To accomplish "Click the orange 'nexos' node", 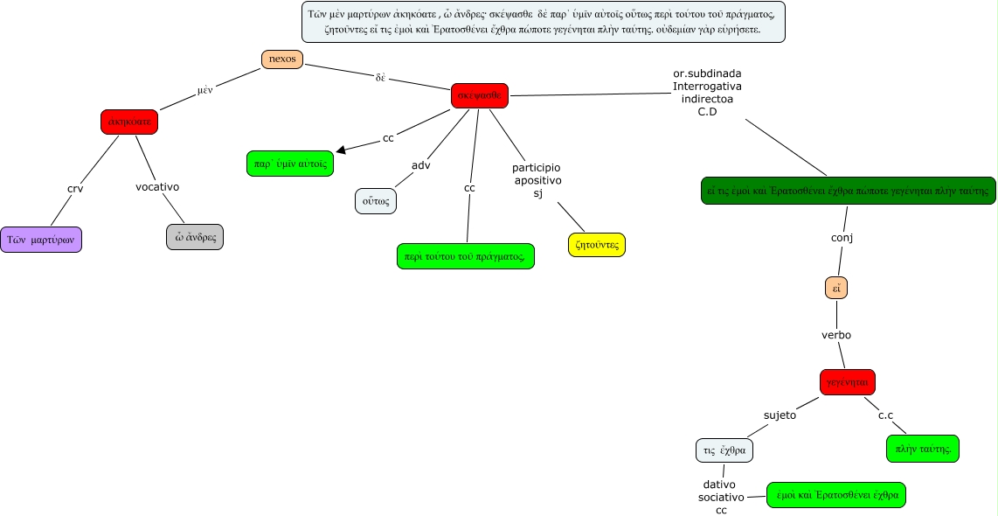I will [x=281, y=59].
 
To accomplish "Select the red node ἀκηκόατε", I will [x=129, y=122].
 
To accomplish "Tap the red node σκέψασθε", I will [x=479, y=95].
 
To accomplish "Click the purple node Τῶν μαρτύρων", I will [x=41, y=240].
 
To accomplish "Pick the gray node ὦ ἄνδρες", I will [x=195, y=237].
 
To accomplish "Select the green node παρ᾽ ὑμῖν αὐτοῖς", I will [x=290, y=164].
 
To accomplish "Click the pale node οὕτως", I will [x=377, y=201].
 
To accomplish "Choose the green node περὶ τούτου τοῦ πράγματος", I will [x=465, y=255].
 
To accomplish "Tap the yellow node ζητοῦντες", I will [x=597, y=245].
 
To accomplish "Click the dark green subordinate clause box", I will [x=848, y=190].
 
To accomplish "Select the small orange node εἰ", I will [x=836, y=287].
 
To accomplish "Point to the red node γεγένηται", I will [x=847, y=381].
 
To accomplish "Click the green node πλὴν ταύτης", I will [x=922, y=449].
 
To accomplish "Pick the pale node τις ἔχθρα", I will [x=724, y=450].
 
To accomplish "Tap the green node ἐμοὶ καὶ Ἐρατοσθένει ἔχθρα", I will [x=836, y=494].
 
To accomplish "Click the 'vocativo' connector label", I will [x=157, y=186].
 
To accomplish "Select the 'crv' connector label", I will [x=75, y=188].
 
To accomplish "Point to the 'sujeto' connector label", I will [x=780, y=415].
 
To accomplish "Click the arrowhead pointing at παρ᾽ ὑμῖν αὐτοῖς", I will [x=341, y=151].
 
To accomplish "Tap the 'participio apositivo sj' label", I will [x=537, y=180].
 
